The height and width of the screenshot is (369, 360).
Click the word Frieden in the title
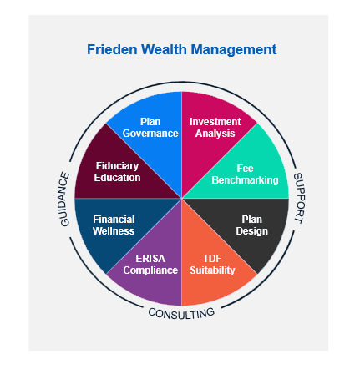coord(112,49)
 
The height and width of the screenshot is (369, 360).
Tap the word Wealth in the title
coord(164,49)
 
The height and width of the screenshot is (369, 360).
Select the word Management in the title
coord(234,50)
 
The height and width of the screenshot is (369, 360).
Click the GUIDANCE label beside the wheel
coord(64,199)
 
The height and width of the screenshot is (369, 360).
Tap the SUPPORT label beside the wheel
coord(299,198)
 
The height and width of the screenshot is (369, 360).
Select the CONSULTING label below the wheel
coord(181,313)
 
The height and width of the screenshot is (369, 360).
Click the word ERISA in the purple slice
coord(150,259)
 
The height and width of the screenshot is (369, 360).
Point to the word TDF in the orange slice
coord(212,259)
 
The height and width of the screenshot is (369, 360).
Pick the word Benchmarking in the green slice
coord(245,180)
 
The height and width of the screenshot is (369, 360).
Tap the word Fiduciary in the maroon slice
coord(117,166)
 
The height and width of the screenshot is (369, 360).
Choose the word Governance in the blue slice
coord(150,134)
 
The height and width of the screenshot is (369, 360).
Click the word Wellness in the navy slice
coord(114,231)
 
